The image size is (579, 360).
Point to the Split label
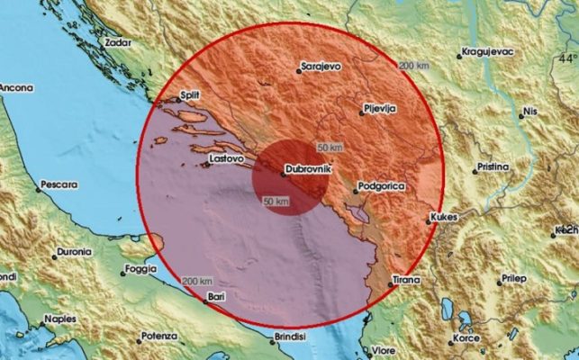click(x=189, y=94)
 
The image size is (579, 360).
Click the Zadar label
click(x=118, y=41)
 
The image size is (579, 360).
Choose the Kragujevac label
click(x=492, y=52)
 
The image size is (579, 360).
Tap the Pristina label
click(x=494, y=167)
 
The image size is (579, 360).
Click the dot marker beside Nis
click(x=522, y=115)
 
